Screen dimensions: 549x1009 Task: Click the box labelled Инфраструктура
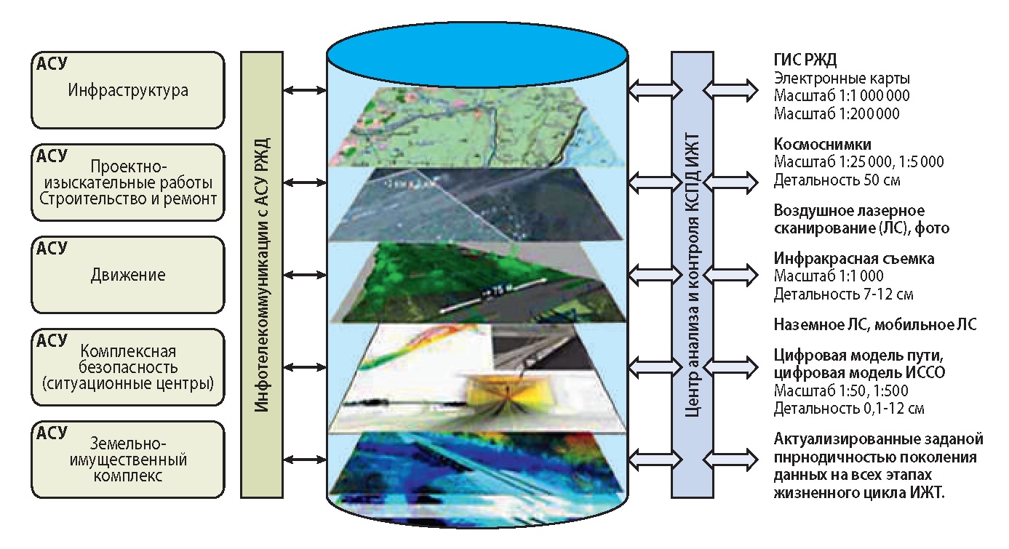pos(127,90)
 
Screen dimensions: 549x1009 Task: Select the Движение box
pos(127,275)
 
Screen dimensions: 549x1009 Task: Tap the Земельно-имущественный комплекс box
pos(127,459)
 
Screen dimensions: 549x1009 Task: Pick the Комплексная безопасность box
pos(127,367)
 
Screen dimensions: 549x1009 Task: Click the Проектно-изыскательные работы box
pos(127,183)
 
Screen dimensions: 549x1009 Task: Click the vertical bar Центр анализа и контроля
pos(693,274)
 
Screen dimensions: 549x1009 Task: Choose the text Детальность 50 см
pos(829,179)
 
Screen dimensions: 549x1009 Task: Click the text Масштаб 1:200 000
pos(836,113)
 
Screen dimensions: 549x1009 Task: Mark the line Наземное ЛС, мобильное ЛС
pos(874,325)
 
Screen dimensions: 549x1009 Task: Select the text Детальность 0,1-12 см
pos(848,409)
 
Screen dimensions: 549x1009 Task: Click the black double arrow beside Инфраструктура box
pos(304,90)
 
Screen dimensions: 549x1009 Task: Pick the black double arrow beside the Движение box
pos(304,275)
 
